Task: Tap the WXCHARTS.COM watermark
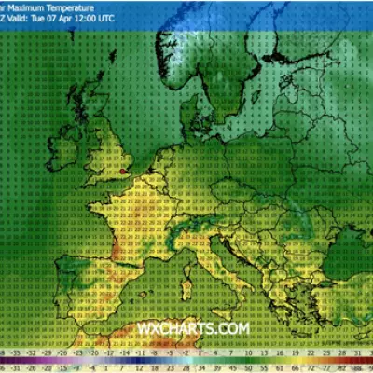(193, 328)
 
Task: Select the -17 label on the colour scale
(109, 355)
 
